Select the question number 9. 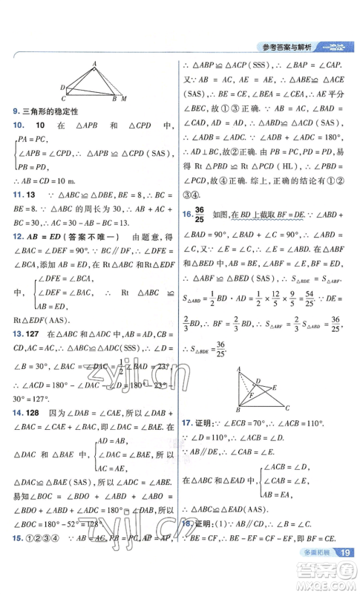(16, 111)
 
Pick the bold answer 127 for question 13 (36, 313)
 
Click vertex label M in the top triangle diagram (123, 98)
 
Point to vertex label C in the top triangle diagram (64, 98)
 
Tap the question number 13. (18, 313)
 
